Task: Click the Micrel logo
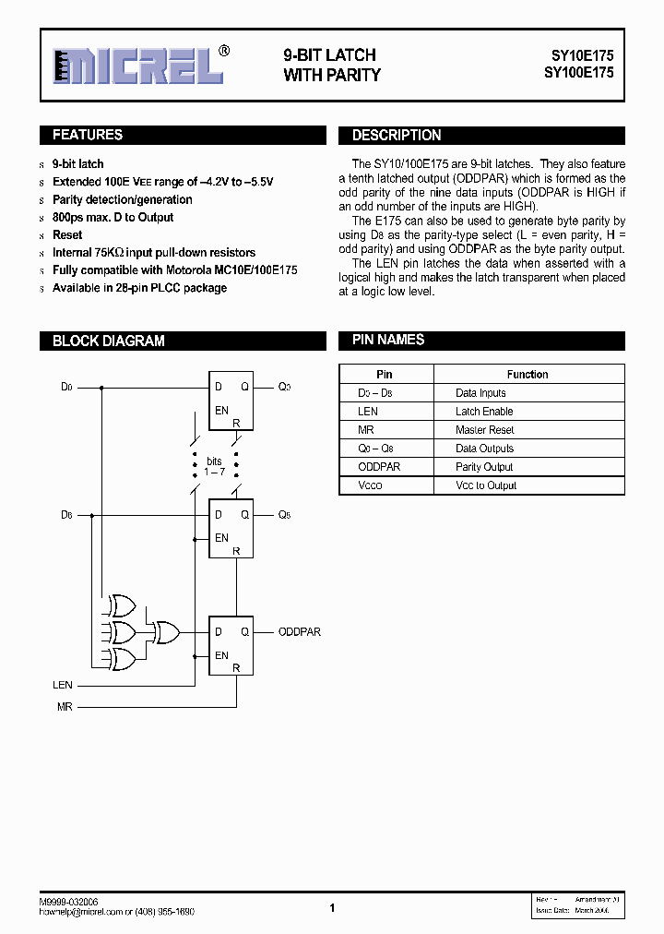pyautogui.click(x=138, y=66)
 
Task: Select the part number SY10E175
pyautogui.click(x=576, y=55)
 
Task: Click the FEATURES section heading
pyautogui.click(x=88, y=136)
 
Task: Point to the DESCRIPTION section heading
pyautogui.click(x=397, y=136)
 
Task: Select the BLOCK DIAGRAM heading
pyautogui.click(x=109, y=341)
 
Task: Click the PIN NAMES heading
pyautogui.click(x=388, y=340)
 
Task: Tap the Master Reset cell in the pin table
pyautogui.click(x=484, y=430)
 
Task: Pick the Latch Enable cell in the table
pyautogui.click(x=484, y=412)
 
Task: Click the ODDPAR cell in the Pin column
pyautogui.click(x=379, y=467)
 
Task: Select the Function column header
pyautogui.click(x=528, y=375)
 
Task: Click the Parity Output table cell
pyautogui.click(x=484, y=467)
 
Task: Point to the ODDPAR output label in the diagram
pyautogui.click(x=300, y=632)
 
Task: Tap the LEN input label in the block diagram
pyautogui.click(x=62, y=686)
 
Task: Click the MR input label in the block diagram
pyautogui.click(x=64, y=707)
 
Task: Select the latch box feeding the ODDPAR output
pyautogui.click(x=231, y=645)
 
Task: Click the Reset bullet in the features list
pyautogui.click(x=67, y=235)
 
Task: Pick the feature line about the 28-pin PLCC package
pyautogui.click(x=139, y=288)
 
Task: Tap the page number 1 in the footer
pyautogui.click(x=332, y=908)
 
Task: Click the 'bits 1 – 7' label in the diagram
pyautogui.click(x=214, y=466)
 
